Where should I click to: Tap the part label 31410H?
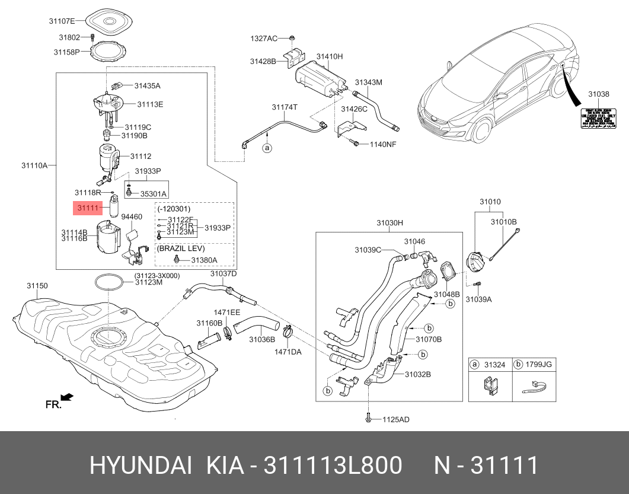[x=329, y=56]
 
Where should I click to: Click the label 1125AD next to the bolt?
[x=395, y=419]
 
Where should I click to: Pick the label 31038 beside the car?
[x=598, y=94]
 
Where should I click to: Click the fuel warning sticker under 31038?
[x=598, y=119]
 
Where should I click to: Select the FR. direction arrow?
[x=66, y=397]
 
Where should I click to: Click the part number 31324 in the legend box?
[x=494, y=365]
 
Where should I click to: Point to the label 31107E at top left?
[x=62, y=21]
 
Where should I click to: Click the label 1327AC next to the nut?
[x=263, y=39]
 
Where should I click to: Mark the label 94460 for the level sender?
[x=132, y=217]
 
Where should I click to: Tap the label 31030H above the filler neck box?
[x=389, y=223]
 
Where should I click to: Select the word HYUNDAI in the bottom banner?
[x=140, y=466]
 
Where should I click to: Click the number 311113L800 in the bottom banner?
[x=333, y=466]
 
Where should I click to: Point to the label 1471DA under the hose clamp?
[x=288, y=352]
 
